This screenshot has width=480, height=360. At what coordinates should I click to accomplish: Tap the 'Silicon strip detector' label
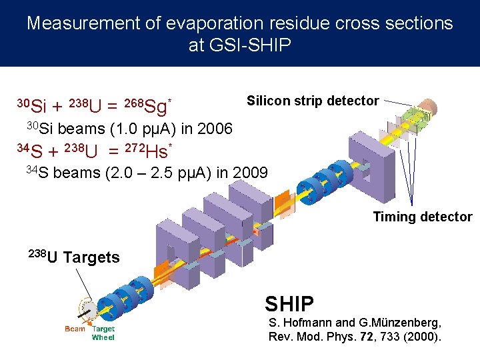[312, 101]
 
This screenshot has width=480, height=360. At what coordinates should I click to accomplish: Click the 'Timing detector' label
[422, 217]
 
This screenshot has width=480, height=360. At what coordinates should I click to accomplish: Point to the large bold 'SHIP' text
[289, 304]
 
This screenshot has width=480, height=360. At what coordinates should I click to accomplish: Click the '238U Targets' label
[74, 257]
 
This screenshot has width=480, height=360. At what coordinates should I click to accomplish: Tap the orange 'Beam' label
[75, 329]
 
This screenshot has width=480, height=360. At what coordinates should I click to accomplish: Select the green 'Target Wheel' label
[103, 333]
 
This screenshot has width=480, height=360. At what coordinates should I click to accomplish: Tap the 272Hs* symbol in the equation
[150, 150]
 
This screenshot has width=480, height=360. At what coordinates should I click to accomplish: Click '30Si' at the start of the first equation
[31, 105]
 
